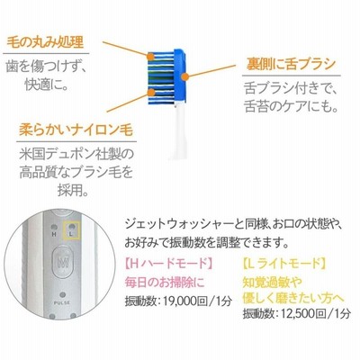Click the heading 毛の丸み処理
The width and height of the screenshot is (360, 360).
(45, 42)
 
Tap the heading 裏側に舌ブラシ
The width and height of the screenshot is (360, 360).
(291, 64)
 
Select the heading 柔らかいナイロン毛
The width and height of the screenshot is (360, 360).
(76, 130)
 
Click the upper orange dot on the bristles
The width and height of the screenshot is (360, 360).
(150, 57)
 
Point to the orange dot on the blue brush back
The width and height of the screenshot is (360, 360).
(185, 76)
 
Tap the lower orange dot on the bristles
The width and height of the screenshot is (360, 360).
(151, 92)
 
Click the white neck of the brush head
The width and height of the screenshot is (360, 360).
(179, 129)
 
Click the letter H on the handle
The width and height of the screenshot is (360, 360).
(54, 235)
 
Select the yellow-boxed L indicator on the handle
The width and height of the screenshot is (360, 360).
(71, 230)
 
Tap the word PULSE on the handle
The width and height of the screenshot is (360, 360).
(62, 303)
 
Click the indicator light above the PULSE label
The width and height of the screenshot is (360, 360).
(62, 295)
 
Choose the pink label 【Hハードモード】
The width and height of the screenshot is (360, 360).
(169, 264)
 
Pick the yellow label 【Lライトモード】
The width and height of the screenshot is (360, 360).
(284, 264)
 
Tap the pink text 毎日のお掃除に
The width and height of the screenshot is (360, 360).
(165, 283)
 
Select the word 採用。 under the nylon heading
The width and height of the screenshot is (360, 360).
(73, 190)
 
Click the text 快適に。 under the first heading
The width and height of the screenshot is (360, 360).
(46, 85)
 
